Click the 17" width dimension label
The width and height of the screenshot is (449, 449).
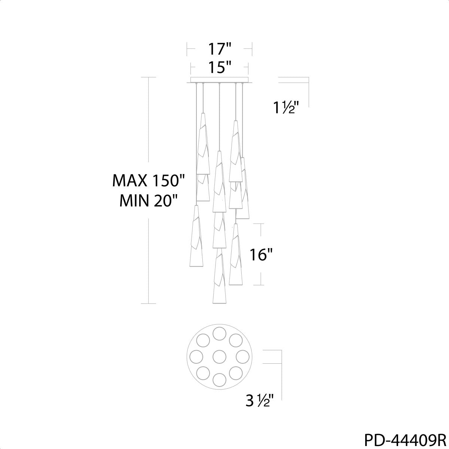pos(219,49)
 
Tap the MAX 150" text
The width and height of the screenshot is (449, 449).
pos(149,181)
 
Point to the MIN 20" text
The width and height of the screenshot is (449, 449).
pos(149,201)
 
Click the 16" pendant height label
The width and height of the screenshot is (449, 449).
pos(261,254)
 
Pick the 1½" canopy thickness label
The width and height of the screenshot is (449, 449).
pos(285,108)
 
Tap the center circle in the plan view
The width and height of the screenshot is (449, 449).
pos(220,357)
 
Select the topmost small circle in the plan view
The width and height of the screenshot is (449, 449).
pos(220,333)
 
